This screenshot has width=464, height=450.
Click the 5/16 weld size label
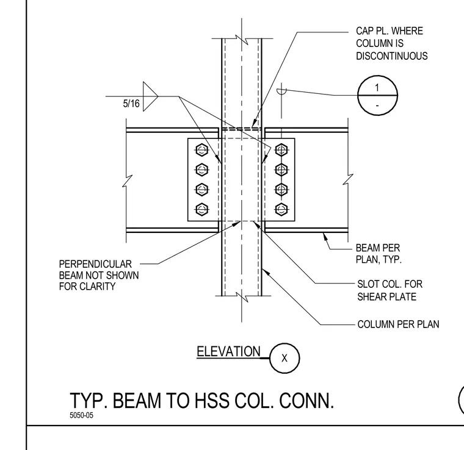131,104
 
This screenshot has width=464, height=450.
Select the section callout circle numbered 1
377,95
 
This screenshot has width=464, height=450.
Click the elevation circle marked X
285,358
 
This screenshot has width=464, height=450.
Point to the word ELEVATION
228,352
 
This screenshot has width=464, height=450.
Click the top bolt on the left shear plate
202,150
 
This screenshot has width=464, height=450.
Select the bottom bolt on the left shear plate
202,210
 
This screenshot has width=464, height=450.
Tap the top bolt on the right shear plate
281,150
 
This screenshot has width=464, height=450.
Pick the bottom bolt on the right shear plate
281,210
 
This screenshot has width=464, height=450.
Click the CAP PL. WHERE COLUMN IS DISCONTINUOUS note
391,43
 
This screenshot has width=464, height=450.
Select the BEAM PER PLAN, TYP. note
379,254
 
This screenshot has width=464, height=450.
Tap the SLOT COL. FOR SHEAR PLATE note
390,290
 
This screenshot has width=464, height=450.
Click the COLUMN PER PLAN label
398,324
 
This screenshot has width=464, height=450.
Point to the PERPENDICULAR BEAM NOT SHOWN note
98,275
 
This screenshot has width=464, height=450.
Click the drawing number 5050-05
81,415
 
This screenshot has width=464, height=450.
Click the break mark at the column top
242,38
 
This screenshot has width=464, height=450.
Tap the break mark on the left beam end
128,181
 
